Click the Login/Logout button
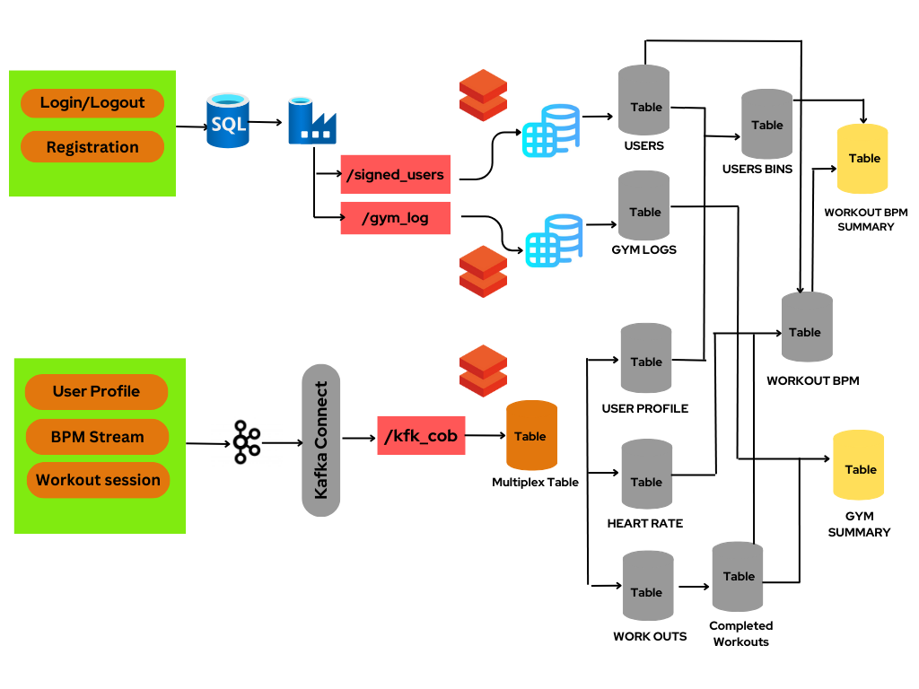click(92, 103)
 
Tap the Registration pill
click(92, 147)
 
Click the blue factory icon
click(311, 122)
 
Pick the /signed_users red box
click(395, 175)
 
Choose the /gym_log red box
click(395, 218)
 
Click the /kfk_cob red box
click(421, 436)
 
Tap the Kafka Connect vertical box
click(321, 440)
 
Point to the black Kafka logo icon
click(246, 441)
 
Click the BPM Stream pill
click(97, 437)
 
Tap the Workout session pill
click(98, 480)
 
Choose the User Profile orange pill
click(96, 391)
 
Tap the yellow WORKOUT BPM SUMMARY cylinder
click(862, 159)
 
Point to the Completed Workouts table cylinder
click(738, 576)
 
